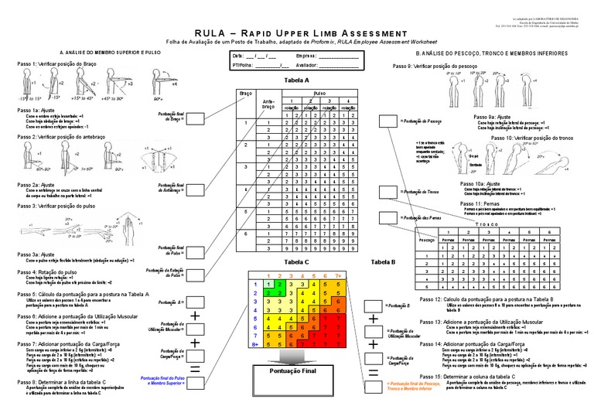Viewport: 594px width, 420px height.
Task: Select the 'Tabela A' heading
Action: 296,80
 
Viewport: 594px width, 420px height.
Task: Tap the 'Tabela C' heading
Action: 295,263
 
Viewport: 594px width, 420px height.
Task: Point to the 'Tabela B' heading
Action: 383,263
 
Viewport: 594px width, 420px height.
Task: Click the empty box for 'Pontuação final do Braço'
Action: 195,118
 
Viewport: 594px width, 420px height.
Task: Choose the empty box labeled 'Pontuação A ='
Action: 194,302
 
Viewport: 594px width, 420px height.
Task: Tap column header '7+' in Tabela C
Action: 338,275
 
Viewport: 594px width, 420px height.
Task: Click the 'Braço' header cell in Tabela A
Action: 247,93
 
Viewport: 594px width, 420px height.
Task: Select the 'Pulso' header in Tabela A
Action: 319,93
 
